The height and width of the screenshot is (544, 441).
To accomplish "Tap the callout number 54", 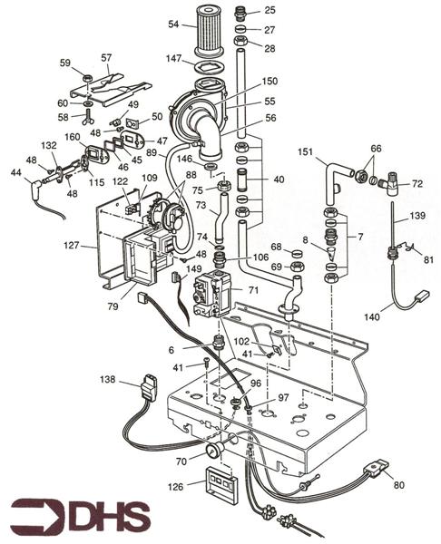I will point(174,24).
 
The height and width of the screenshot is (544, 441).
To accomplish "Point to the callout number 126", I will point(175,486).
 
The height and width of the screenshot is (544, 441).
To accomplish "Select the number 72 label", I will point(416,183).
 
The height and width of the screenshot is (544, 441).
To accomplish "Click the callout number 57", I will point(106,57).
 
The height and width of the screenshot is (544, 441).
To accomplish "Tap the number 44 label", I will point(15,172).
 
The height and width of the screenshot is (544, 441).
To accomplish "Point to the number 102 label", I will point(241,342).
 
